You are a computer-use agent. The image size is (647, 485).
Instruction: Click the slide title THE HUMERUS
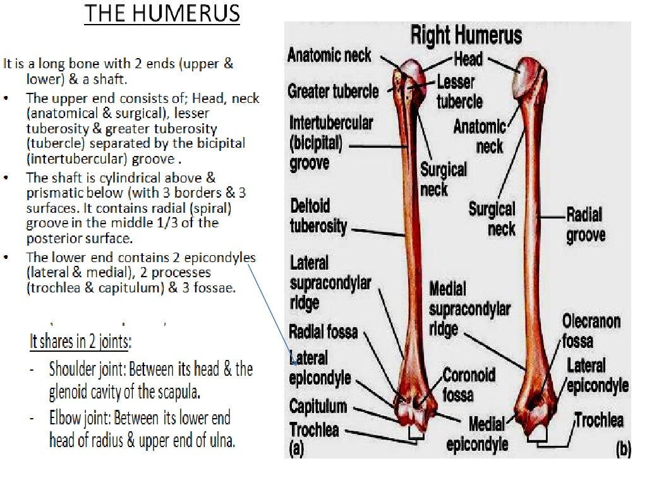(162, 13)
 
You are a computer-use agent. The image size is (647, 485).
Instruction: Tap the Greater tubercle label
(333, 92)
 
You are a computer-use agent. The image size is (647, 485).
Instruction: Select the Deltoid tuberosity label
(318, 216)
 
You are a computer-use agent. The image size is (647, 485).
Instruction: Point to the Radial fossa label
(323, 331)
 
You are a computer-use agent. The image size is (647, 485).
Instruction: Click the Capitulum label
(318, 405)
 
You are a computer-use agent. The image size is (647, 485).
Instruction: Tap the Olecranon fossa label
(591, 331)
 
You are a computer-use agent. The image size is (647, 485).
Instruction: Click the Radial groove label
(586, 225)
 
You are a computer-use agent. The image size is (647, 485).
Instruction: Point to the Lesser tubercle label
(459, 92)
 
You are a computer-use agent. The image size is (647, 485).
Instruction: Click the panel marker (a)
(296, 448)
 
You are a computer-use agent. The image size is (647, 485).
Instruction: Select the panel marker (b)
(623, 449)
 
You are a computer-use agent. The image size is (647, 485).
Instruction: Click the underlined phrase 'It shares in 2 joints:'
(80, 342)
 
